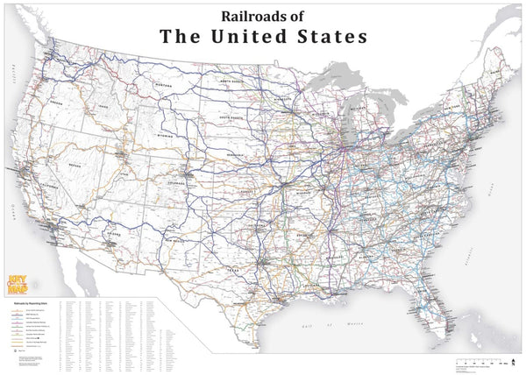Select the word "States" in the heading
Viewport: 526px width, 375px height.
(329, 37)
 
